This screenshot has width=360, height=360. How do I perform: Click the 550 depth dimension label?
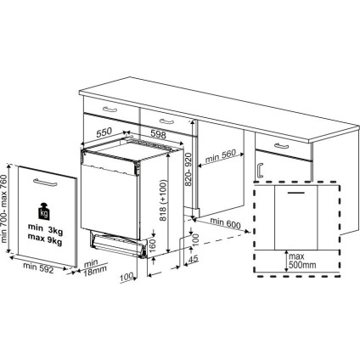coord(104,133)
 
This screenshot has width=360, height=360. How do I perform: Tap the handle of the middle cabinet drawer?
coord(162,115)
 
